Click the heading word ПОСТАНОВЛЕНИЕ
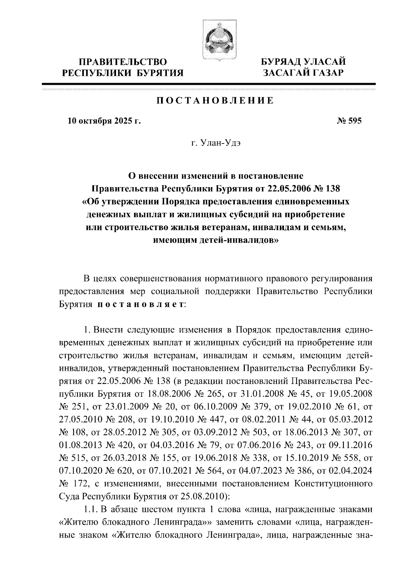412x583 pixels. point(215,101)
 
